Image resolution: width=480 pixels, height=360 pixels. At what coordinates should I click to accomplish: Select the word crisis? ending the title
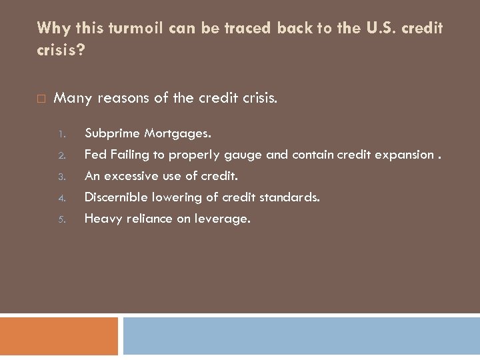click(61, 51)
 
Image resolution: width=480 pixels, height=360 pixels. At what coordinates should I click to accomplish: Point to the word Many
click(73, 99)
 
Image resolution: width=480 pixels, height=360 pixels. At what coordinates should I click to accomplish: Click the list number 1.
click(60, 134)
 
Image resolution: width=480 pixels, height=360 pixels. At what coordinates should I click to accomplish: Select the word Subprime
click(111, 133)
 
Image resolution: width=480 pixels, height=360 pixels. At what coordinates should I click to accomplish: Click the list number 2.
click(60, 155)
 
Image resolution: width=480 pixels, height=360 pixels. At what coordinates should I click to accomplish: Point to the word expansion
click(405, 155)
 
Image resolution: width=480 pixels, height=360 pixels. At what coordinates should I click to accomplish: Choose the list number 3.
click(60, 177)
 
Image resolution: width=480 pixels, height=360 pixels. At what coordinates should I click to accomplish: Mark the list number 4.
click(60, 198)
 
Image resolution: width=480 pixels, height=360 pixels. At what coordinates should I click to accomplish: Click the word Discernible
click(117, 197)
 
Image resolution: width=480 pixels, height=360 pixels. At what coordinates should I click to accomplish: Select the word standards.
click(290, 197)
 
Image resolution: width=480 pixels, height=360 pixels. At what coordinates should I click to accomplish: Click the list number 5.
click(60, 219)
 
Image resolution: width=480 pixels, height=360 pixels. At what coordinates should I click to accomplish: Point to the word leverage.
click(222, 219)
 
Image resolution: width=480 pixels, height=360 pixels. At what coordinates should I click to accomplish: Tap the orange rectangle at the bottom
click(59, 336)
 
